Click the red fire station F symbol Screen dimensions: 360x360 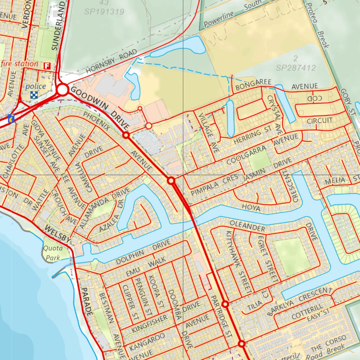pyautogui.click(x=47, y=66)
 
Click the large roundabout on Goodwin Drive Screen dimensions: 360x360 pyautogui.click(x=63, y=90)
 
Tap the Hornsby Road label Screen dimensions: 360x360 pyautogui.click(x=111, y=62)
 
